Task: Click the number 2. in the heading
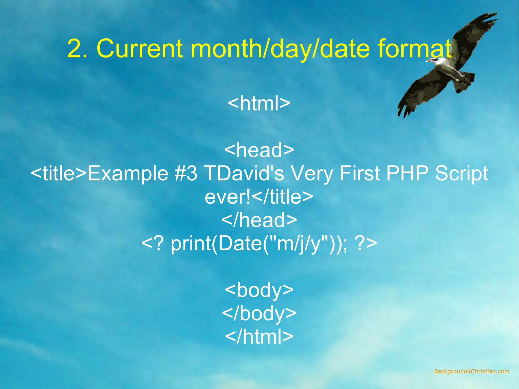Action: point(77,49)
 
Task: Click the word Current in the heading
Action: point(139,49)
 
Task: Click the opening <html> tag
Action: point(259,103)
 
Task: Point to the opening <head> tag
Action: point(259,150)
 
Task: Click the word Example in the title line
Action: point(128,174)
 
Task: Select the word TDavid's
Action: point(244,173)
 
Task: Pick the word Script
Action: point(462,174)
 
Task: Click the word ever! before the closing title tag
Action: point(228,197)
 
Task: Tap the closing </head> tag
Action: point(259,220)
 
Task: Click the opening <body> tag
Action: point(259,290)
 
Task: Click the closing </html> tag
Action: point(259,337)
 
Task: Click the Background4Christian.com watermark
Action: point(471,372)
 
